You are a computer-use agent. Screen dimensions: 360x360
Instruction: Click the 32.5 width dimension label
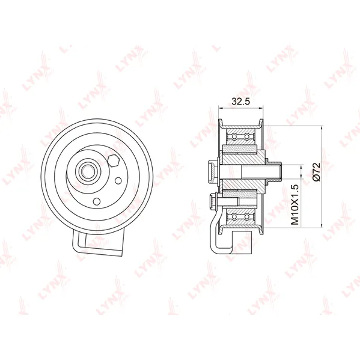coord(240,101)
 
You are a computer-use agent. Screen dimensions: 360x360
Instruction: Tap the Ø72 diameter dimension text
coord(317,172)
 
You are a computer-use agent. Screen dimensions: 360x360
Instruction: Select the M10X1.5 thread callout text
coord(294,204)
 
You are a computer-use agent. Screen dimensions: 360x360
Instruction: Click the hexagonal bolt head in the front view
coord(113,160)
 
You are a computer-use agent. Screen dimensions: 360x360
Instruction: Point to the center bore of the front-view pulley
coord(87,171)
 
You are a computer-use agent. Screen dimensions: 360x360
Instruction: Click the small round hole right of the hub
coord(118,181)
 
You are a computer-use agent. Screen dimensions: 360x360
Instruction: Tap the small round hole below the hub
coord(97,201)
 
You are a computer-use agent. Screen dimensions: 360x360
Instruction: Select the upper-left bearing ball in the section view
coord(234,137)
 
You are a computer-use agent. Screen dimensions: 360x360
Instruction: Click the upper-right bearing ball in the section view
coord(246,137)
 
